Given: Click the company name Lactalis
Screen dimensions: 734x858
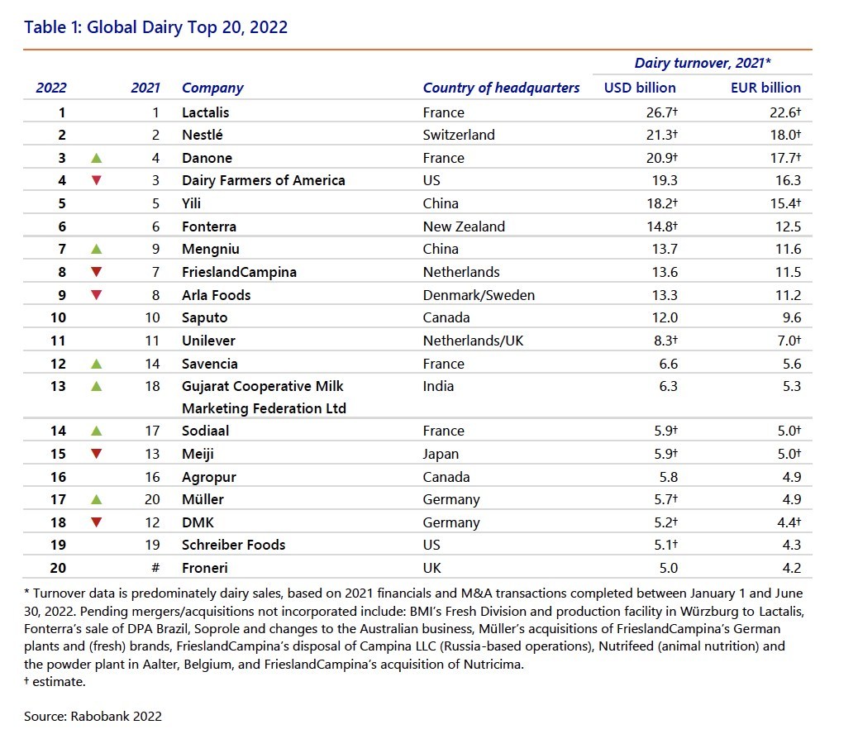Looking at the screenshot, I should point(205,112).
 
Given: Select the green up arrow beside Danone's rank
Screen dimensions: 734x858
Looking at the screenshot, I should point(97,158).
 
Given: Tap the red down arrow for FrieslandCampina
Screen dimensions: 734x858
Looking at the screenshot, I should point(97,272).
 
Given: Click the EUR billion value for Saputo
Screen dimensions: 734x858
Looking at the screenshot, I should point(791,317).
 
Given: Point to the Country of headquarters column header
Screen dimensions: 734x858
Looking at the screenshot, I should point(501,88).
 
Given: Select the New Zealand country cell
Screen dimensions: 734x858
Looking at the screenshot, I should point(464,226).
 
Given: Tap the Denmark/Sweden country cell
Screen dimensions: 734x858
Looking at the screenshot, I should point(479,295).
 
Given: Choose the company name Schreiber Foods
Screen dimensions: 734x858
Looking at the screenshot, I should point(233,545).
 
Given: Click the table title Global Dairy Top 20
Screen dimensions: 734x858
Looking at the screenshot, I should point(156,27).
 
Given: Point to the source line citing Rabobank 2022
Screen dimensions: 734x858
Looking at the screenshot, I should point(93,716).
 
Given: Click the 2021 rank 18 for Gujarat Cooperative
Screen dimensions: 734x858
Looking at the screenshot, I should point(151,386).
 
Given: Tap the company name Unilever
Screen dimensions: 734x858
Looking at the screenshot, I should point(209,340).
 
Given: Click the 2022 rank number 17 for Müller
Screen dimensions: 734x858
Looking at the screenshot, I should point(57,499).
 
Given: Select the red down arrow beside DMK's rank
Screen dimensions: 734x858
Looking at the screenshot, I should point(97,522).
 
